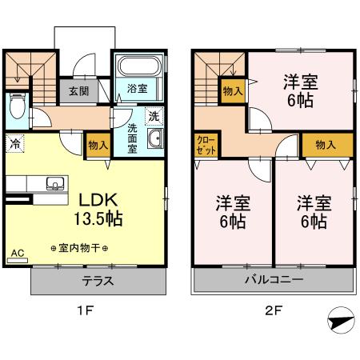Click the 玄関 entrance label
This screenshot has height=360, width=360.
tap(78, 90)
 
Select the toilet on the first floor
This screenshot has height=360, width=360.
tap(17, 105)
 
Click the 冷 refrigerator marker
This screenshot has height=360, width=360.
tap(15, 144)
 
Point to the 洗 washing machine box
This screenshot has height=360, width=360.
tap(153, 114)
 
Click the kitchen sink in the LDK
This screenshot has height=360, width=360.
tap(55, 183)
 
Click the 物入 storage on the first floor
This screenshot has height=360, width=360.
tap(97, 145)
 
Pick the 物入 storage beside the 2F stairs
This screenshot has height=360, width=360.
tap(234, 92)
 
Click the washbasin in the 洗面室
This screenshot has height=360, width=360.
tap(155, 141)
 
